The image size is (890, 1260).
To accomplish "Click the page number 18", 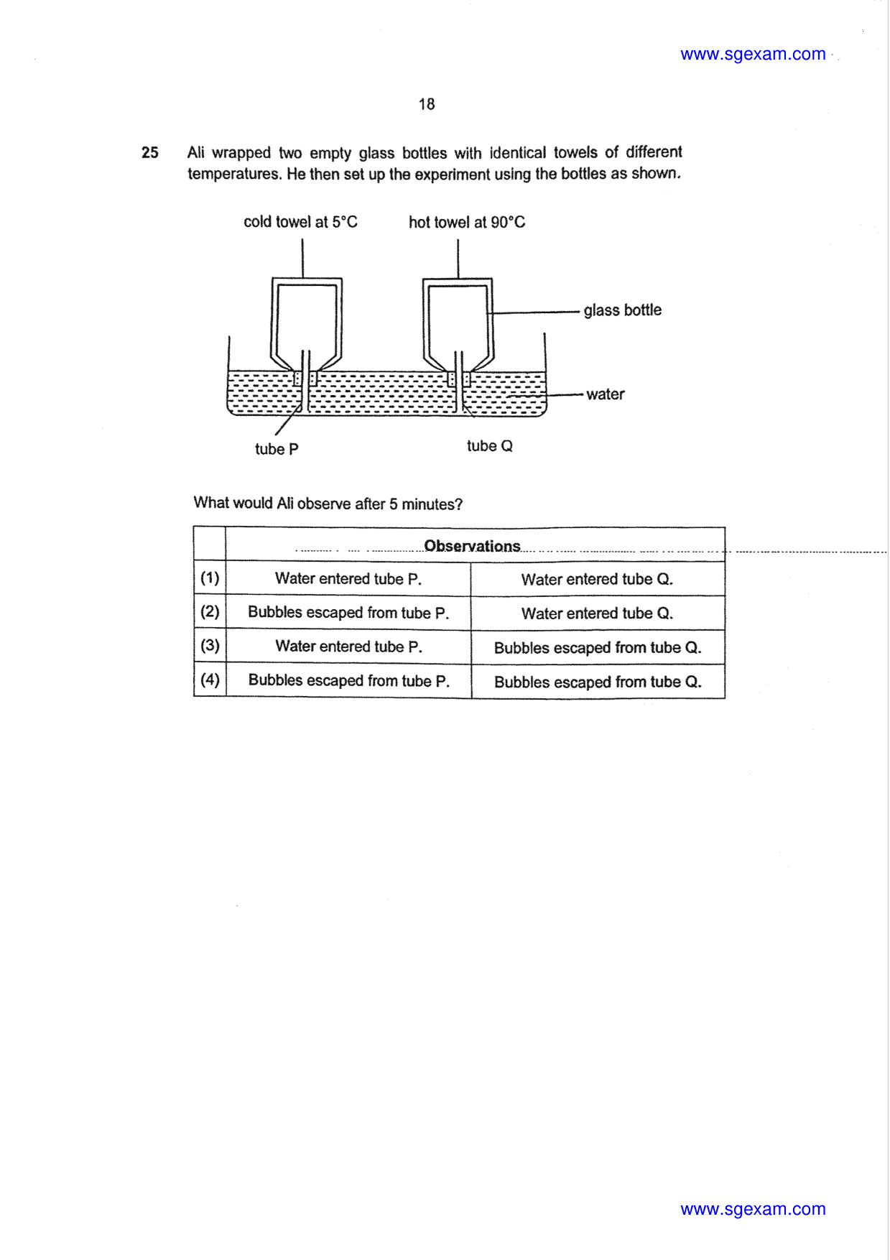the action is [427, 104].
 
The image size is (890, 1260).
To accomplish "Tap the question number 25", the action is [150, 152].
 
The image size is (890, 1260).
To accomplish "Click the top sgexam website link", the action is [753, 55].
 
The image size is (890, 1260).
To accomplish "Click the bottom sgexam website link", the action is [753, 1209].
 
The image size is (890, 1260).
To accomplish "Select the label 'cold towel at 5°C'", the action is [300, 222].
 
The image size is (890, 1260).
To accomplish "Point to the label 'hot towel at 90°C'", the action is [467, 223].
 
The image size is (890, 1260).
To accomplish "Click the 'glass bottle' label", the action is [623, 310].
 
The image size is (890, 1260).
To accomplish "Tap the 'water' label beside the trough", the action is [606, 394].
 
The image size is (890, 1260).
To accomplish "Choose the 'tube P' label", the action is [277, 449].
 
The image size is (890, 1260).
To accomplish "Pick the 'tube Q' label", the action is [490, 446].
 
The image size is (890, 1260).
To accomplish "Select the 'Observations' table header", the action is [472, 546].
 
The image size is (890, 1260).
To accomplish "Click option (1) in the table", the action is [210, 578].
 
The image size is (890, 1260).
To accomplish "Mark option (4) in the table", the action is [210, 680].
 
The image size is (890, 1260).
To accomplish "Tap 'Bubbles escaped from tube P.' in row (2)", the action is [348, 613].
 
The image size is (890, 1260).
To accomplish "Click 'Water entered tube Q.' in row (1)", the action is [597, 579].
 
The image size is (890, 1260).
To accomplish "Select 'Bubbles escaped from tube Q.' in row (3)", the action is [598, 648].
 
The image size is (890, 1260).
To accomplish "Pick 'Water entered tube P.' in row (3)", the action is [348, 647].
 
